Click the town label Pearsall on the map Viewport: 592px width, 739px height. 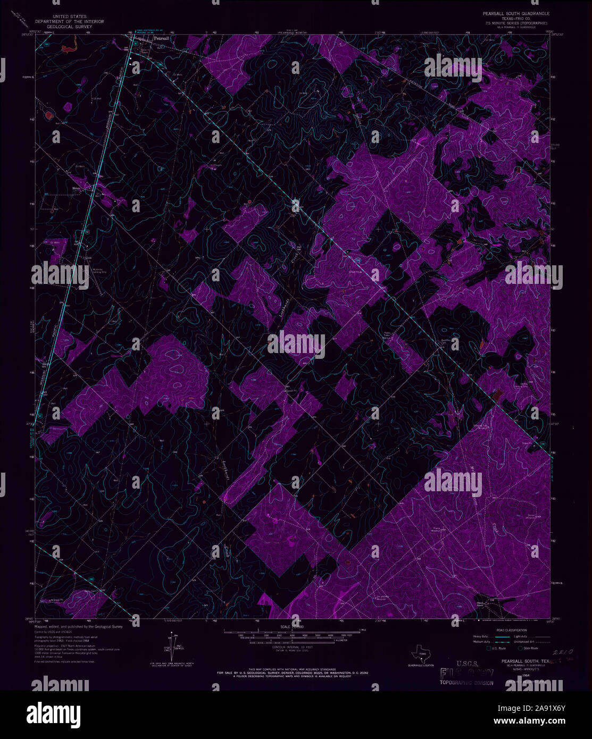point(160,39)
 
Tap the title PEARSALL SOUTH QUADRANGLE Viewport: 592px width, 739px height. point(516,13)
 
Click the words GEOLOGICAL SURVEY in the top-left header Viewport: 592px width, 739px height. point(69,27)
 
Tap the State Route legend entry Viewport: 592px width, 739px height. point(529,648)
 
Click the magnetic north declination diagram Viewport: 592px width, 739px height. point(172,646)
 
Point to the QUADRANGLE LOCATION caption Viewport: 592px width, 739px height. point(421,666)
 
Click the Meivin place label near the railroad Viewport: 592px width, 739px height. point(78,188)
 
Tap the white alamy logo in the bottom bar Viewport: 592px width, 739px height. point(53,713)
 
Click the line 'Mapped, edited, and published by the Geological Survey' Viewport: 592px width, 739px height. point(79,627)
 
